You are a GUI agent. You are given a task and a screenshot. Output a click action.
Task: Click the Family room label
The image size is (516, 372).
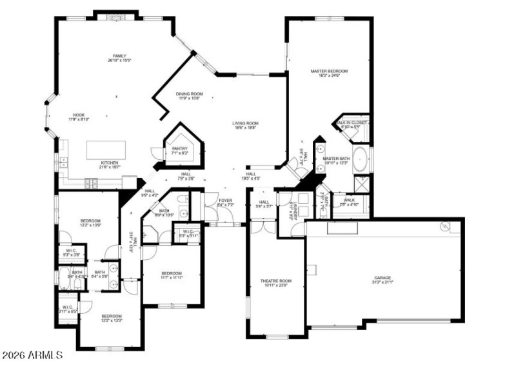(119, 56)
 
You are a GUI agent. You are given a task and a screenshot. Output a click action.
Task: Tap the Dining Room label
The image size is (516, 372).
(189, 94)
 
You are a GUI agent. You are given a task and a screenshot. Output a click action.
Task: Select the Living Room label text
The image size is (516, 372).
(246, 123)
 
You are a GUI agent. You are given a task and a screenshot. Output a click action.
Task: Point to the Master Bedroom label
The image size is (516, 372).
(329, 71)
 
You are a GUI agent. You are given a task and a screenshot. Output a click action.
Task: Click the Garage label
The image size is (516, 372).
(382, 278)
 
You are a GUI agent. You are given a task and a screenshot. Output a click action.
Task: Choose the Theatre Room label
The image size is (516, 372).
(275, 281)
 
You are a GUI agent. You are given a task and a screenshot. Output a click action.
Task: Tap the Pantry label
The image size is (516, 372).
(179, 149)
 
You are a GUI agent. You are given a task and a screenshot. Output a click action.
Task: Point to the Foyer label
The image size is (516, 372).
(225, 201)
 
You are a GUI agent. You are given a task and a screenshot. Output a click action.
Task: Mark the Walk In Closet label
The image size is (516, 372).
(352, 122)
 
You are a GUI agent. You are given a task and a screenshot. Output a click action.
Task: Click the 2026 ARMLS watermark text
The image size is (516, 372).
(32, 355)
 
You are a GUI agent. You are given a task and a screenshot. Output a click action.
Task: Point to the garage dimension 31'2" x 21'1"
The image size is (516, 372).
(382, 282)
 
